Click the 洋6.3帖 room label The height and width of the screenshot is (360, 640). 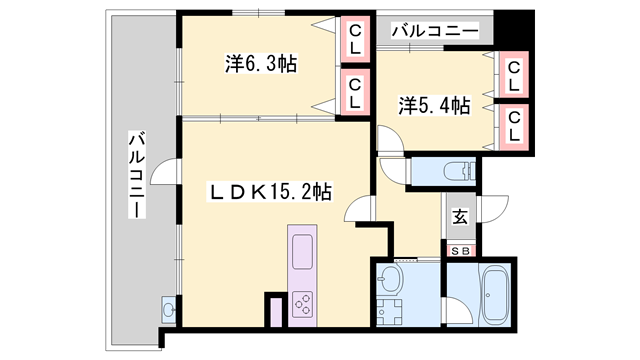coord(261,63)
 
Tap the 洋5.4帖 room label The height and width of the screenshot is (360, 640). coord(434,105)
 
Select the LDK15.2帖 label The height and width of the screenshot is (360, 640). coord(270,191)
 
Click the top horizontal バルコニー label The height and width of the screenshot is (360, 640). coord(435,31)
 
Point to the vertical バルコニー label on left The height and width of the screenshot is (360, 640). coord(137,174)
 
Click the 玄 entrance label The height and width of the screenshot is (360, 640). coord(460,216)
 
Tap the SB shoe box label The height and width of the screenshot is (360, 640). coord(461,251)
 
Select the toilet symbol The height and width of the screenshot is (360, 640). coord(460,171)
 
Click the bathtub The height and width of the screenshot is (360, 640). coord(496,294)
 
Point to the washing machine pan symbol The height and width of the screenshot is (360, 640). coord(388,312)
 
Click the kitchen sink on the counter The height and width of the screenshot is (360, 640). coord(302,252)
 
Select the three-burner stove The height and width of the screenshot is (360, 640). coord(302,304)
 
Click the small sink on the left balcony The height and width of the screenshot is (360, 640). coord(168,310)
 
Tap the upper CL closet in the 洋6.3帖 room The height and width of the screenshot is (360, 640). coord(355,39)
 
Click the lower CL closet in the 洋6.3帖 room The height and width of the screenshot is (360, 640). coord(355,92)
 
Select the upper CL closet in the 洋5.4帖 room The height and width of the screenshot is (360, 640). coord(513,75)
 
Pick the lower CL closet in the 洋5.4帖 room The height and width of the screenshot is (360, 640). coord(514,127)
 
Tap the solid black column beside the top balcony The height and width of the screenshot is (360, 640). coord(514,28)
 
